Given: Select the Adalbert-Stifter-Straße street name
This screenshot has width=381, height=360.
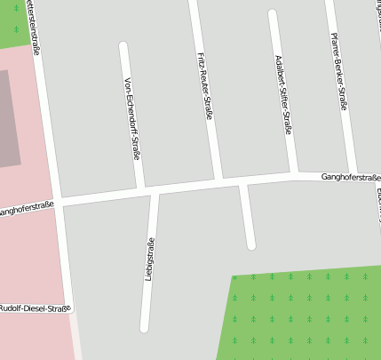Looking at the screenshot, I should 282,95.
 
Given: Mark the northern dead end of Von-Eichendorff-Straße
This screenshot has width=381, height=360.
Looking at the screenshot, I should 123,46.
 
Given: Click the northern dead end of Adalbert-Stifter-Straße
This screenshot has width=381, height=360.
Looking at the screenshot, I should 272,14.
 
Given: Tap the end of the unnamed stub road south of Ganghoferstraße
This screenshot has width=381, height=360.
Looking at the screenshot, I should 251,244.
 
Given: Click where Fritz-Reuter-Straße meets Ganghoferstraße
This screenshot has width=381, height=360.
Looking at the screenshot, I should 218,180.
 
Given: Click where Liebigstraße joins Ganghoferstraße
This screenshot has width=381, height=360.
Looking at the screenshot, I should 155,189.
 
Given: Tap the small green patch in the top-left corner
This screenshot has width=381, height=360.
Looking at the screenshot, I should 13,22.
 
